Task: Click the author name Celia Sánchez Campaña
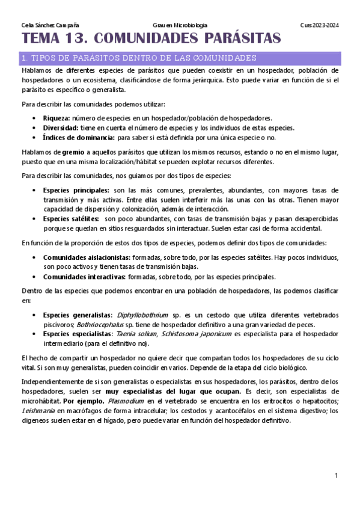pyautogui.click(x=45, y=25)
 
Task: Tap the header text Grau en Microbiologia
pyautogui.click(x=180, y=25)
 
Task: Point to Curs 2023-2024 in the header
pyautogui.click(x=319, y=25)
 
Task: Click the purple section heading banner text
pyautogui.click(x=139, y=58)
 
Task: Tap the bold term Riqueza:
pyautogui.click(x=56, y=118)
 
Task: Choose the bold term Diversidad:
pyautogui.click(x=61, y=127)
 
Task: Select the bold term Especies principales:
pyautogui.click(x=76, y=190)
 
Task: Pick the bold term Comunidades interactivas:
pyautogui.click(x=84, y=277)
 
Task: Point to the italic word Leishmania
pyautogui.click(x=37, y=411)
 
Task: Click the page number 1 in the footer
pyautogui.click(x=337, y=476)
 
